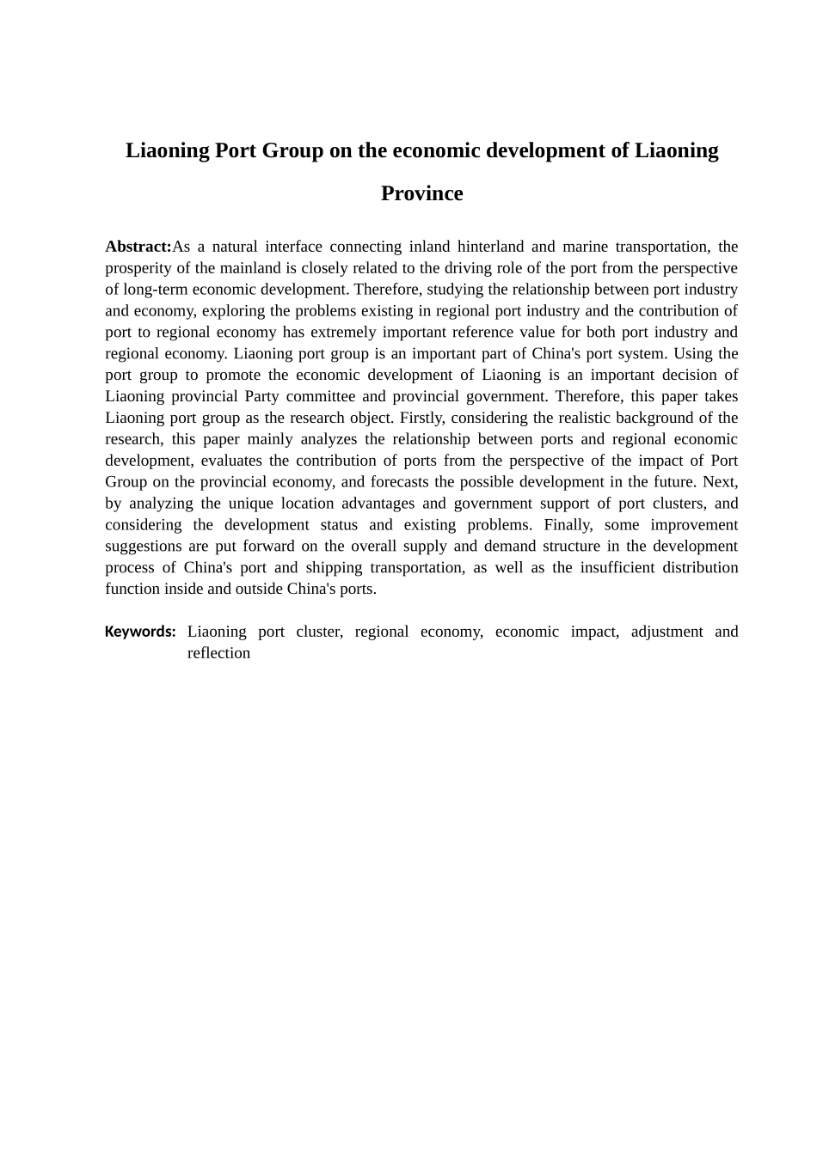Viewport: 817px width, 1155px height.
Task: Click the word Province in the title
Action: click(421, 193)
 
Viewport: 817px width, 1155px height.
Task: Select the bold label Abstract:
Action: click(138, 247)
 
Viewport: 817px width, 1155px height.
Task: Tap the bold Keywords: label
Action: click(140, 632)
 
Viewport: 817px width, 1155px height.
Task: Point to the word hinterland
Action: click(490, 247)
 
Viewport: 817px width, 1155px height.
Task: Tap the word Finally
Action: click(568, 525)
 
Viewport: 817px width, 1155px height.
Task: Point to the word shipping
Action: click(334, 568)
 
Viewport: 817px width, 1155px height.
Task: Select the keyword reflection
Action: click(218, 653)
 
